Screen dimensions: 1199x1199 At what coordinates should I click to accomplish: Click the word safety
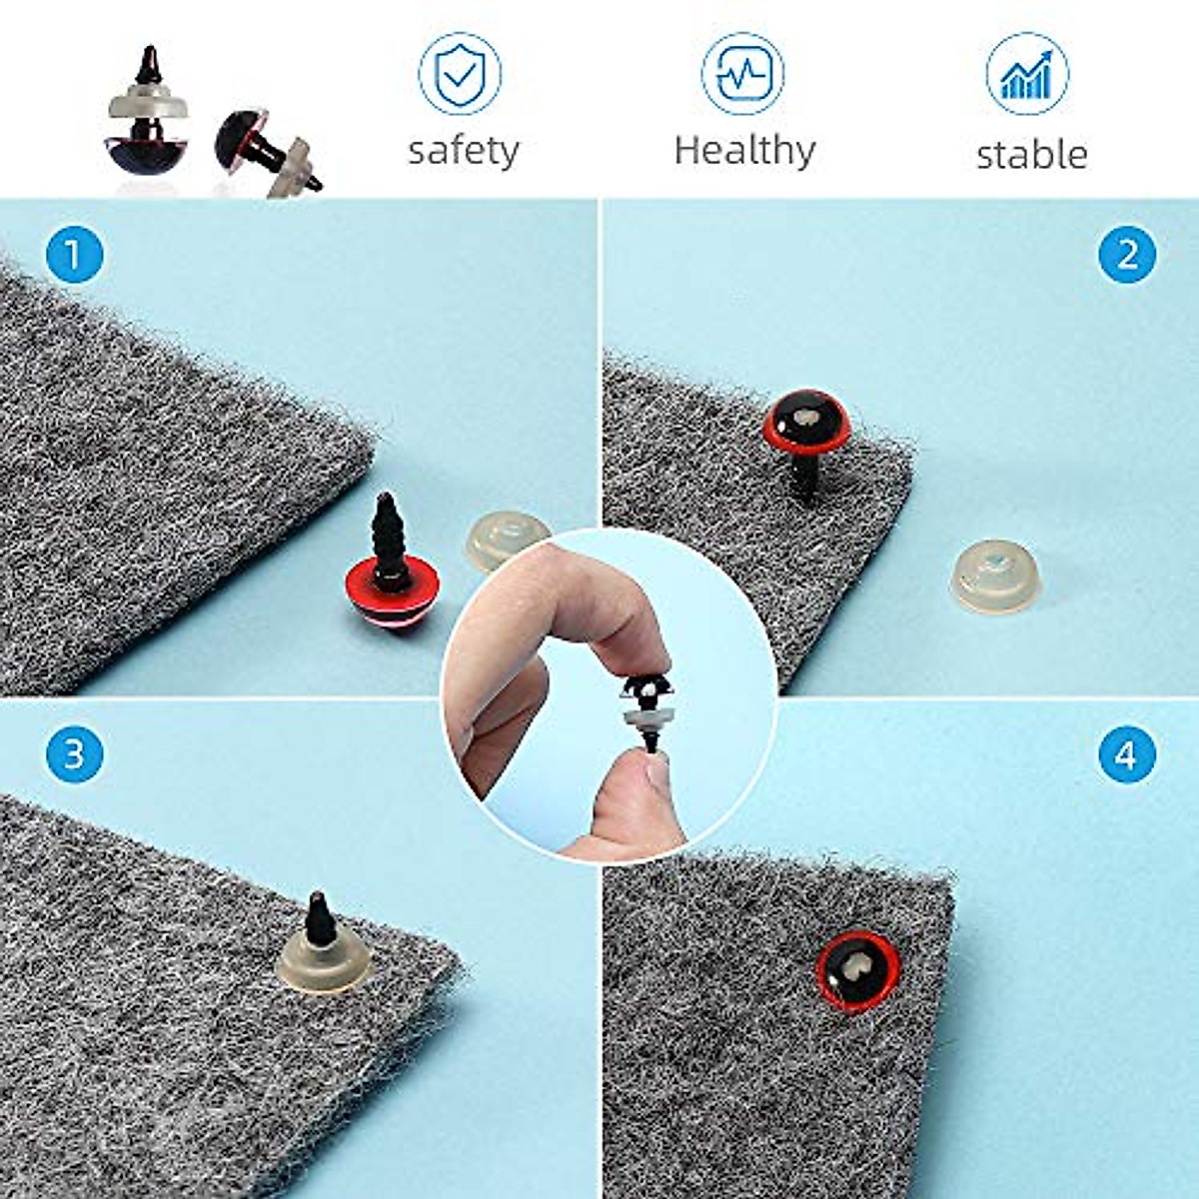click(x=464, y=151)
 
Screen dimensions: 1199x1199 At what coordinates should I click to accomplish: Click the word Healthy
click(x=744, y=150)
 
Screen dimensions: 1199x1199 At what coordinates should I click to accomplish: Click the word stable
click(x=1031, y=155)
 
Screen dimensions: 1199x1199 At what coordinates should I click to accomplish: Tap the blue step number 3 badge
click(x=74, y=752)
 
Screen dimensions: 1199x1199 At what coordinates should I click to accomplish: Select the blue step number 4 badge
click(x=1126, y=754)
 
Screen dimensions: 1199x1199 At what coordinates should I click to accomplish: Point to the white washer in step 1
click(x=500, y=540)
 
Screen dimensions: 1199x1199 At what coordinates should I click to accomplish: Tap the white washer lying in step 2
click(x=992, y=575)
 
